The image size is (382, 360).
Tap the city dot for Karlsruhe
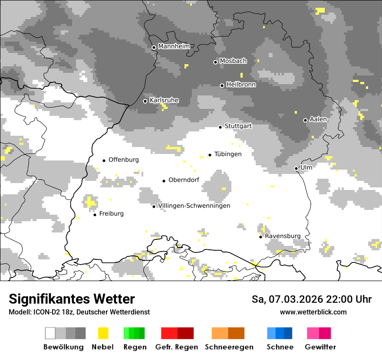coord(145,101)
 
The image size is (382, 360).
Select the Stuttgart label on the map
coord(238,126)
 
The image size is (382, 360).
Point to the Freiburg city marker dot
coord(95,215)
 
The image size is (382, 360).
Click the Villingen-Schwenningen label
coord(194,206)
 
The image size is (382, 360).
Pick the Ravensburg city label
coord(283,236)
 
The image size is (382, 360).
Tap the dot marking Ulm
coord(296,168)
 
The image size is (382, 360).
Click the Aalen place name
coord(319,119)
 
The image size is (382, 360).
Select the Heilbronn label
coord(241,85)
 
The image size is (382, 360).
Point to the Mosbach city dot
coord(215,62)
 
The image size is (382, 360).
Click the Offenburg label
coord(124,160)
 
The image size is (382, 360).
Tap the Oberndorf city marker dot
coord(164,181)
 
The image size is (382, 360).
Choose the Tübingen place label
coord(228,154)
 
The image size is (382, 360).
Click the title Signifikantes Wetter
coord(72,299)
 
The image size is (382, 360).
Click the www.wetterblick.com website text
coord(313,312)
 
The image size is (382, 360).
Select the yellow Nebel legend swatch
coord(103,333)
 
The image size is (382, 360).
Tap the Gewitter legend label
coord(320,347)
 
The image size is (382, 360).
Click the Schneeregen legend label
coord(229,347)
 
